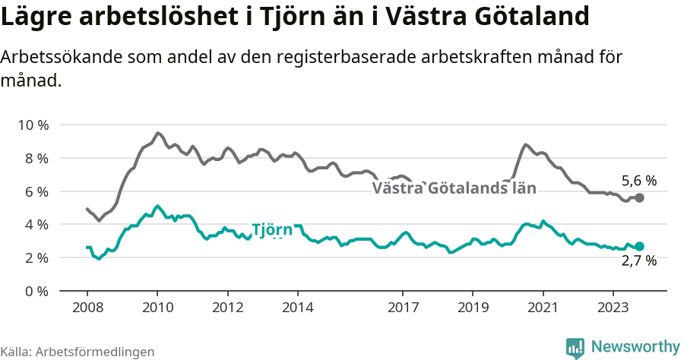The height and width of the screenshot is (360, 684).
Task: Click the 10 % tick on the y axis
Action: click(32, 125)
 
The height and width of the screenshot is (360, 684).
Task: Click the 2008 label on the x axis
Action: click(87, 308)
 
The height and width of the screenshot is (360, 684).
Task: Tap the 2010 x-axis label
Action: click(157, 308)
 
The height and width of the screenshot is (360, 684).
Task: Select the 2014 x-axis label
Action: click(297, 308)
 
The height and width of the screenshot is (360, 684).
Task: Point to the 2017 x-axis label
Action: click(403, 308)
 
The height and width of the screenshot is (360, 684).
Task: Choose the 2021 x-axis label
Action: click(543, 308)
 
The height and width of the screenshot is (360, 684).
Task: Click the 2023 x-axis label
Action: click(613, 308)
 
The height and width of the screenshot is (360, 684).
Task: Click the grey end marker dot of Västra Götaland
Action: click(640, 197)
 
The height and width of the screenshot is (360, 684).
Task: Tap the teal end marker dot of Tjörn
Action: click(640, 246)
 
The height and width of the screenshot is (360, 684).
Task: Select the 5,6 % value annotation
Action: click(638, 181)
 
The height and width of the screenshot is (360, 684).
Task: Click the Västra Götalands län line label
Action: click(454, 188)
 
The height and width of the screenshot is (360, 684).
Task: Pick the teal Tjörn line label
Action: click(272, 230)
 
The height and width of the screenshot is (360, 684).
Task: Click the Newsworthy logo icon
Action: click(575, 348)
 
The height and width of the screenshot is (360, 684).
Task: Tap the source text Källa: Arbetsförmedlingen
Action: click(77, 352)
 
